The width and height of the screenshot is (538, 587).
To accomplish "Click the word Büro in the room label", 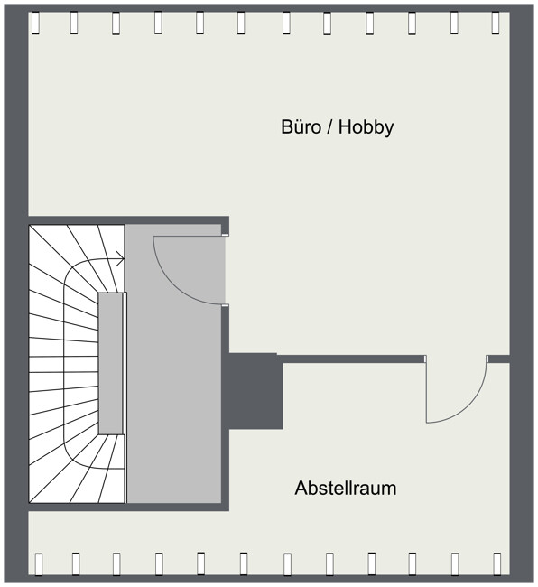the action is tap(301, 127).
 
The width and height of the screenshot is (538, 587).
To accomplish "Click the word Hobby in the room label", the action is tap(366, 127).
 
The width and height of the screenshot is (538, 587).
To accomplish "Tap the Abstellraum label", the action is tap(346, 489).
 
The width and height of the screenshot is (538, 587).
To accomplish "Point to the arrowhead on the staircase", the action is tap(120, 258).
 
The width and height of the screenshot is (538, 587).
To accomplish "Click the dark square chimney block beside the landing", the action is tap(255, 391).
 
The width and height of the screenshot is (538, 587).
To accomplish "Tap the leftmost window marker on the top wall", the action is tap(35, 23).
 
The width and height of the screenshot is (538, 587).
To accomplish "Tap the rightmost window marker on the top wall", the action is tap(496, 23).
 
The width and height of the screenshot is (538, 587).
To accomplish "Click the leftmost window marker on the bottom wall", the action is tap(38, 564).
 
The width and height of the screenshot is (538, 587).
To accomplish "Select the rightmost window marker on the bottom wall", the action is tap(496, 564).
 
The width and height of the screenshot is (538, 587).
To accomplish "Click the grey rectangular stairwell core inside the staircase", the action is tap(110, 363).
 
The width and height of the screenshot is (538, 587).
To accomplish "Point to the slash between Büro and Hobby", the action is tap(329, 127).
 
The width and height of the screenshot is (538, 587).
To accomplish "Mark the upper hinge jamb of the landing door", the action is tap(226, 235).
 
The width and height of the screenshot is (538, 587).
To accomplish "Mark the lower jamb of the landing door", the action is tap(226, 305).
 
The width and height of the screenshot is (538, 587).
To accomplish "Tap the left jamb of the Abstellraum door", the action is tap(425, 359).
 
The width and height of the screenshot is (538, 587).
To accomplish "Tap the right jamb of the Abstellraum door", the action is tap(487, 359).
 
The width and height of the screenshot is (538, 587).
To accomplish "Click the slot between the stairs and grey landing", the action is tap(125, 397).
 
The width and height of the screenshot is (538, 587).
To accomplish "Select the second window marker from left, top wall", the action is tap(74, 23).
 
